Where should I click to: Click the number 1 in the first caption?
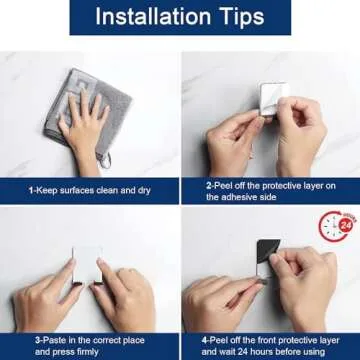click(x=30, y=188)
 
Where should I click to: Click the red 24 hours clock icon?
click(x=337, y=229)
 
